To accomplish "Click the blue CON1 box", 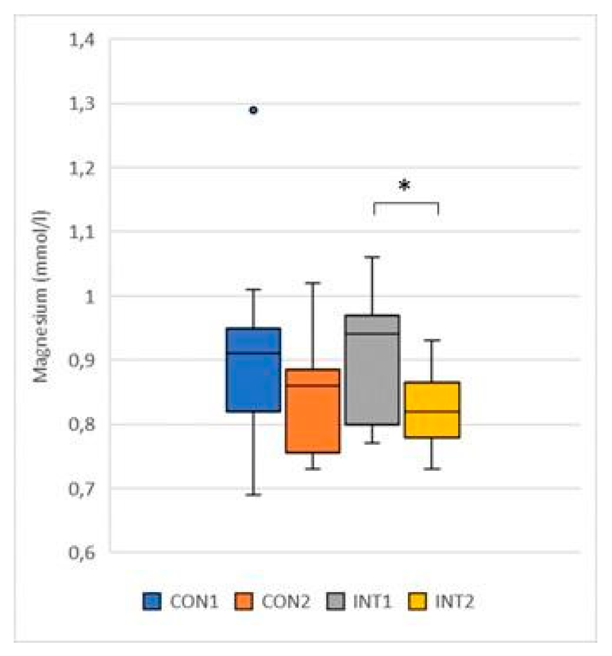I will click(253, 370).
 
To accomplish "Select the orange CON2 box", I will click(313, 411).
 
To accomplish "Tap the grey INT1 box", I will click(372, 370).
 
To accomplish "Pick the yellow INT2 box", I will click(432, 410).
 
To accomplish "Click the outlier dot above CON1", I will click(253, 110).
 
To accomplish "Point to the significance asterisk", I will click(404, 186).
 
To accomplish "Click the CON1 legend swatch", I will click(152, 601).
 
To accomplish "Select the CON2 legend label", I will click(286, 601).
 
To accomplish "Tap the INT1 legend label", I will click(372, 601).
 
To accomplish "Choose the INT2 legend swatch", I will click(417, 601).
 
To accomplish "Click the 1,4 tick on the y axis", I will click(82, 40).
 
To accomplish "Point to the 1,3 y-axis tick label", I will click(82, 104).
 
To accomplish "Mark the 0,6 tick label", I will click(82, 553).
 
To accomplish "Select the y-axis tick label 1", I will click(89, 297).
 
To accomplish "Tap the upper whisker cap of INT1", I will click(372, 257).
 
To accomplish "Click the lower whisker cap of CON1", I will click(253, 495).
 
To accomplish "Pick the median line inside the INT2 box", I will click(432, 411).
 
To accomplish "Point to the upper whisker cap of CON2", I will click(313, 282).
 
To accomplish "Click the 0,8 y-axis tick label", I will click(82, 424).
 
